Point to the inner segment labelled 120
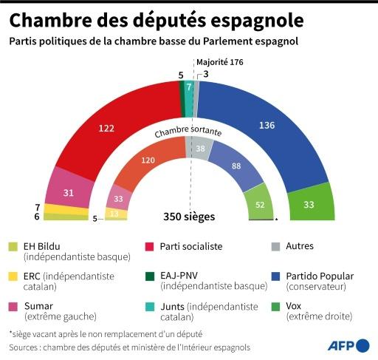click(149, 160)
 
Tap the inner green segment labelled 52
click(260, 205)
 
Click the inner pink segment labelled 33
click(118, 198)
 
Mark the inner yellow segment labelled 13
click(115, 214)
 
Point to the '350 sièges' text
click(189, 217)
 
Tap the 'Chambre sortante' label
click(188, 133)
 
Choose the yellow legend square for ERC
click(14, 276)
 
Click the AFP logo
click(348, 344)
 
